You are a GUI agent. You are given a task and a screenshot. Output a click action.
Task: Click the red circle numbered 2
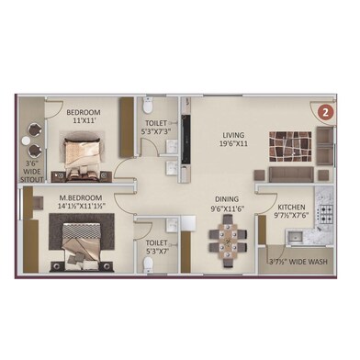point(324,113)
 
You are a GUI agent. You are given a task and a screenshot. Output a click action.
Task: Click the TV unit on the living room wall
point(184,138)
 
